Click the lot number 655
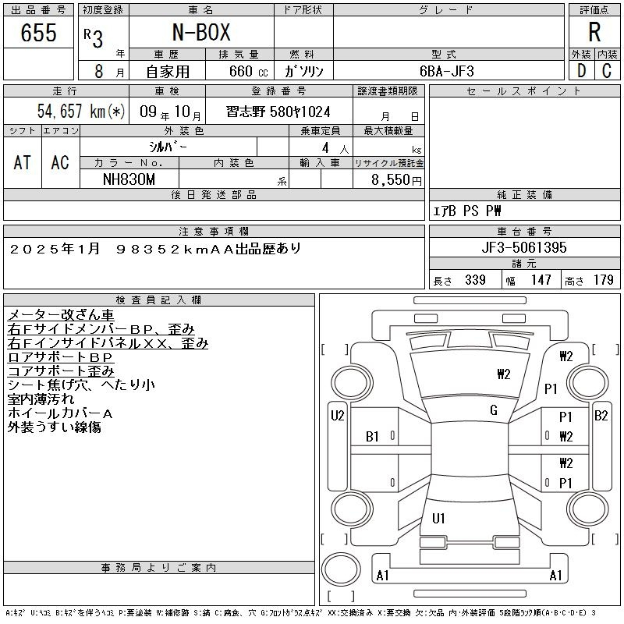[38, 32]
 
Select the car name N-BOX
[201, 32]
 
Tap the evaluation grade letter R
[594, 32]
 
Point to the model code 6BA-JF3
[446, 71]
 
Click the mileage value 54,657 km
[72, 111]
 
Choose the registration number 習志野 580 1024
[278, 112]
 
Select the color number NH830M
[129, 179]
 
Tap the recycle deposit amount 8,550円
[396, 180]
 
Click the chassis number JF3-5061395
[523, 247]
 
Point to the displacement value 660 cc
[248, 72]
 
